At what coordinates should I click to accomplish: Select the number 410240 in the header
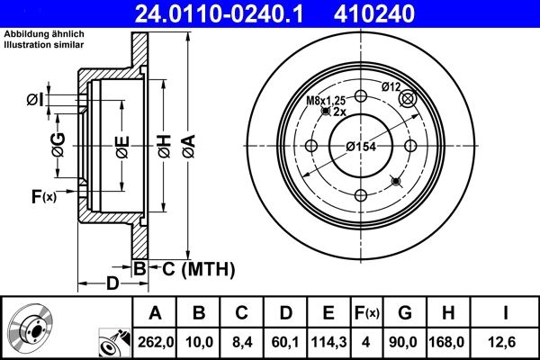pos(402,13)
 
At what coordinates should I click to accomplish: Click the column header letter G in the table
pos(405,312)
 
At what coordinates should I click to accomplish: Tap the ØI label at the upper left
pos(34,98)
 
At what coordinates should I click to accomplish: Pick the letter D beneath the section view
pos(112,284)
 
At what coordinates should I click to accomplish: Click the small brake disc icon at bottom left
pos(31,328)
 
